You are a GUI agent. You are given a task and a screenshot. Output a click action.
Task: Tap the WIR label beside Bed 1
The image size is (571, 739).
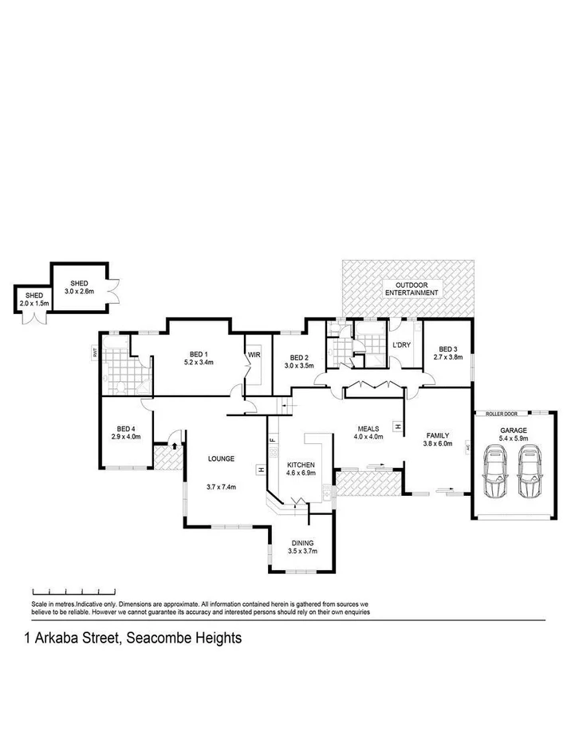tap(254, 355)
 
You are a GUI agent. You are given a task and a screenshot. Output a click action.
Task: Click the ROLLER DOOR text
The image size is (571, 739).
tap(490, 414)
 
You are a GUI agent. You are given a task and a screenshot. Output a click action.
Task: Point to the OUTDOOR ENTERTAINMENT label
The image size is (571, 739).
tap(411, 289)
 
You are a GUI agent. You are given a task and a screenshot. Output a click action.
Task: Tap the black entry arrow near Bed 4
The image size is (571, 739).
tap(174, 444)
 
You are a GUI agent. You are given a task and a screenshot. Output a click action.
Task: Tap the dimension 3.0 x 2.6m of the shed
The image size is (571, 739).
tap(79, 292)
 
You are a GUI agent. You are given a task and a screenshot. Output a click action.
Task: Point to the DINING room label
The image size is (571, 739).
tap(303, 543)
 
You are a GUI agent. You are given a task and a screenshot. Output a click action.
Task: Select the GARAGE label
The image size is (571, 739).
tap(513, 429)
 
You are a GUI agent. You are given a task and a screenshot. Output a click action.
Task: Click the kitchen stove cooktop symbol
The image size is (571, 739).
tap(274, 453)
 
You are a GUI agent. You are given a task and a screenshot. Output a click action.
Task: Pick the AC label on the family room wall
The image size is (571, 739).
tap(468, 448)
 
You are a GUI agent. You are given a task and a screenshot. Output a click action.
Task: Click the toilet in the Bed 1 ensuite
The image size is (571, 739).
tap(121, 387)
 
